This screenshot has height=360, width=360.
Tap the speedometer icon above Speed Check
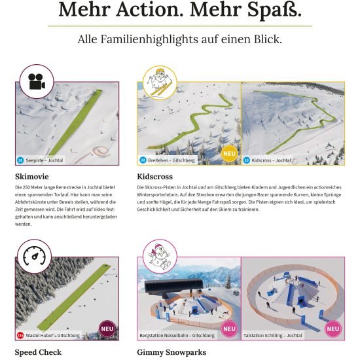point(33,257)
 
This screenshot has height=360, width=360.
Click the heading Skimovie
point(33,177)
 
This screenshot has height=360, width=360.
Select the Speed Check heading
point(38,352)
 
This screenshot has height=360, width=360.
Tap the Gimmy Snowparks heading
point(171,352)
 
